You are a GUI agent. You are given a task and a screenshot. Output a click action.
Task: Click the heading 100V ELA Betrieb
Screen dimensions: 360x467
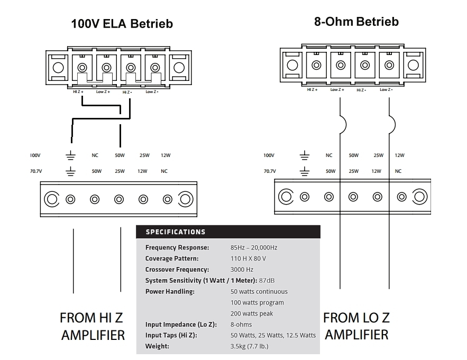(x=122, y=24)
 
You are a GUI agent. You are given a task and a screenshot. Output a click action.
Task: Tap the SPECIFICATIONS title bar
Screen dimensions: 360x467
(x=228, y=232)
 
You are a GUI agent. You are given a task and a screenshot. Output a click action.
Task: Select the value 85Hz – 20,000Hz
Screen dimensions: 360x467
(x=253, y=247)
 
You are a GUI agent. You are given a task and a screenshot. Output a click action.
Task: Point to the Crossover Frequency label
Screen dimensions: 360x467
(x=177, y=270)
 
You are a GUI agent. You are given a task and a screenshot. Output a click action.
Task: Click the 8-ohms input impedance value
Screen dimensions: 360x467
(x=241, y=325)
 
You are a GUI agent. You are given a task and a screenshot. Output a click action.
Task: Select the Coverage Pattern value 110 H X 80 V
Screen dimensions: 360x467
(x=248, y=259)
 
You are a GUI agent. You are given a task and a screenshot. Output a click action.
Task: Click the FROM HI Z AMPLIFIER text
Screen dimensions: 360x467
(x=92, y=326)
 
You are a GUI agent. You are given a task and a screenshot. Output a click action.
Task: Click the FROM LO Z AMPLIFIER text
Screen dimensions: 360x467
(x=356, y=326)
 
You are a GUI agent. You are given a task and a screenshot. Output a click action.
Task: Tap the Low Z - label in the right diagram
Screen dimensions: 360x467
(x=386, y=90)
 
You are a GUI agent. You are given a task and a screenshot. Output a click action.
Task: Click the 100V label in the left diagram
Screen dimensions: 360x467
(x=35, y=155)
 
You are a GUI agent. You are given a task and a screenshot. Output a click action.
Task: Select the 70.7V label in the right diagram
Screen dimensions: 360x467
(x=269, y=171)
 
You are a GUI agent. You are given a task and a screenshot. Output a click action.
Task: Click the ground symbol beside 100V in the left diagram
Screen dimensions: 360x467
(x=70, y=156)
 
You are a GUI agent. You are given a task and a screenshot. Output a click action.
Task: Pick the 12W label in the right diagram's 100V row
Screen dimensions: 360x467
(x=399, y=155)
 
